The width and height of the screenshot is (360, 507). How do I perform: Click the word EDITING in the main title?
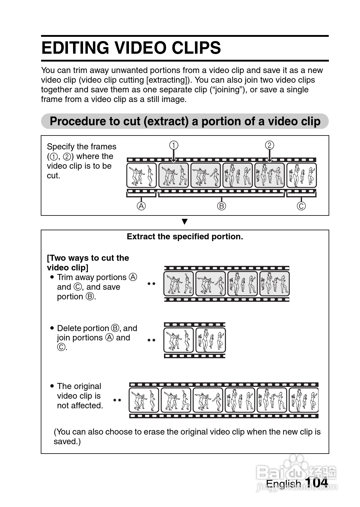[x=76, y=48]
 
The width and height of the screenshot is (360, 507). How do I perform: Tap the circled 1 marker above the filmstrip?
[x=173, y=145]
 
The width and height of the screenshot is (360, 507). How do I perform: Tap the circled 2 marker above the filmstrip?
[x=269, y=145]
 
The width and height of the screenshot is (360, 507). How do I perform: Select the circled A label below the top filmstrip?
[x=141, y=206]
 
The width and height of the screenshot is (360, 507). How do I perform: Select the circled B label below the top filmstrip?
[x=221, y=206]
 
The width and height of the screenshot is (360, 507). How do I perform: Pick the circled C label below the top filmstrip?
[x=301, y=206]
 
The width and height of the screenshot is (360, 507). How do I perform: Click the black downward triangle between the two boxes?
[x=185, y=222]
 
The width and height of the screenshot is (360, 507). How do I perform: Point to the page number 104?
[x=317, y=483]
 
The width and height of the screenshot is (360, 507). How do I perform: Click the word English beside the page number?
[x=283, y=484]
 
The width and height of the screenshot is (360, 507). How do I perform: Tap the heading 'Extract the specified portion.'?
[x=185, y=237]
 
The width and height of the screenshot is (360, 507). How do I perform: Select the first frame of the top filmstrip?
[x=142, y=175]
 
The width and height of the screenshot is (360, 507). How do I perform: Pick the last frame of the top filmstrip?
[x=301, y=175]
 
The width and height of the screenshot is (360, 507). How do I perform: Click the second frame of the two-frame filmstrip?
[x=211, y=340]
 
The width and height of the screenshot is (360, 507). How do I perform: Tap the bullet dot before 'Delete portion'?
[x=52, y=328]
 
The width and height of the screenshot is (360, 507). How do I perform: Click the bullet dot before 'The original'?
[x=52, y=386]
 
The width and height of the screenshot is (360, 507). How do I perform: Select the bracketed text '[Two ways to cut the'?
[x=88, y=258]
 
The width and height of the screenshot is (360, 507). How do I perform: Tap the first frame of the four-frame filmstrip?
[x=178, y=284]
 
